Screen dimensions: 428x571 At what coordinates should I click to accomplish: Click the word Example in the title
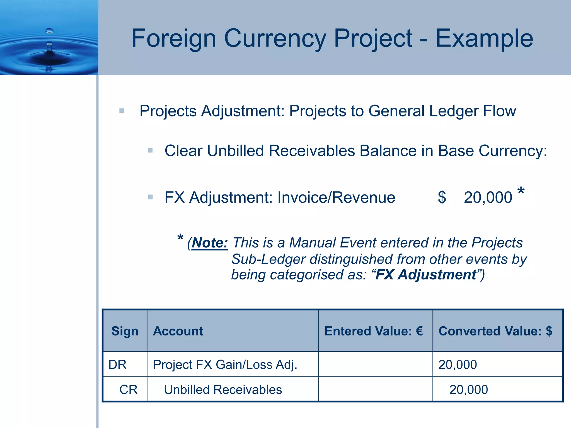point(484,38)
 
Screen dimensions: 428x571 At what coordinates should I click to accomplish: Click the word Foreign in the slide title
point(174,38)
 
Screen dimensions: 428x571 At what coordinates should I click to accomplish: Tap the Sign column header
point(125,331)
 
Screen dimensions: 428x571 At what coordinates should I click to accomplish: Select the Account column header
point(178,331)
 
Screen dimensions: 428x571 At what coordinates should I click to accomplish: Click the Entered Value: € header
point(374,331)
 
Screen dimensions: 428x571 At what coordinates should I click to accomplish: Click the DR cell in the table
point(117,364)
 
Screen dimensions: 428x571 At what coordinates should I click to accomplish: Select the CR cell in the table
point(128,390)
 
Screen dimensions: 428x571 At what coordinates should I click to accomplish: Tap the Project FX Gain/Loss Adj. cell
point(225,364)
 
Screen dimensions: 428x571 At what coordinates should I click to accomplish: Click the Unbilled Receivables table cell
point(223,390)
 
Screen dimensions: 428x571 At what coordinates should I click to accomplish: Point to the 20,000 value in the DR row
point(458,364)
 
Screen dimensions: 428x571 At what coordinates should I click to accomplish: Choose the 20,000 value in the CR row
point(468,390)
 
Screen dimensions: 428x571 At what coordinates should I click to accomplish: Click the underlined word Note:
point(210,243)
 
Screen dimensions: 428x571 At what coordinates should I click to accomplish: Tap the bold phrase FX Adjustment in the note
point(426,275)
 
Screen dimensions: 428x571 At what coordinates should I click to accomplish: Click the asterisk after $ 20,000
point(521,192)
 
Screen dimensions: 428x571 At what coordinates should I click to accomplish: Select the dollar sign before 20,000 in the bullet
point(442,197)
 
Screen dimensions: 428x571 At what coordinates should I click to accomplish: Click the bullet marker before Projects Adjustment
point(122,111)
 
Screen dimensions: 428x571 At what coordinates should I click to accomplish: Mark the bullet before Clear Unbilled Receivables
point(150,150)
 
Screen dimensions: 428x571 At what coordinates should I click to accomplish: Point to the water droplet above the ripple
point(49,30)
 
